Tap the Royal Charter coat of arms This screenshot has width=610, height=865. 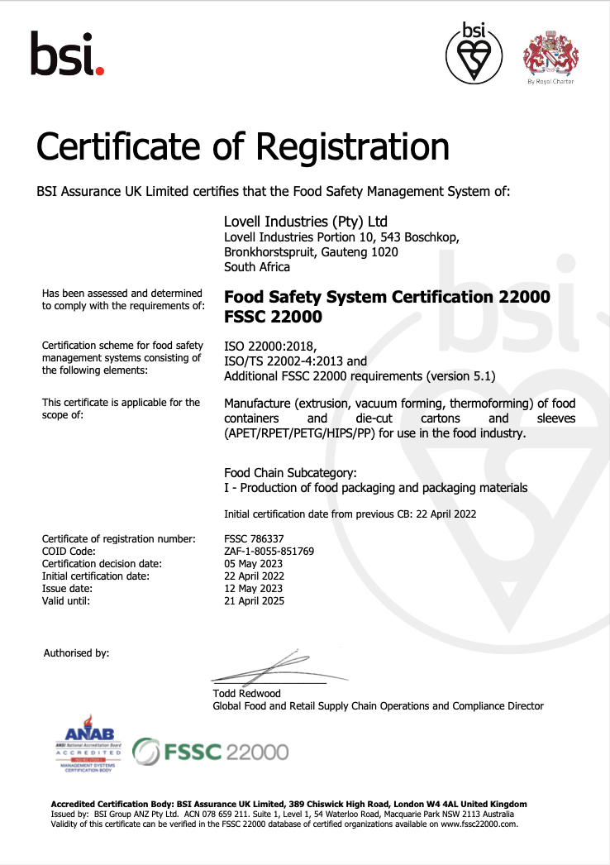(550, 54)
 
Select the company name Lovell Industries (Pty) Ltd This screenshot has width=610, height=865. (306, 222)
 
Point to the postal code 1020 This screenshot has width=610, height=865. (385, 252)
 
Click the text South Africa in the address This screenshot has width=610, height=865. (257, 267)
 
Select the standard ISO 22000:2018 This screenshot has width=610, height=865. (270, 346)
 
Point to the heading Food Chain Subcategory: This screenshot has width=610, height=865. (290, 473)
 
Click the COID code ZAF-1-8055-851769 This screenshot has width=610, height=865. (269, 551)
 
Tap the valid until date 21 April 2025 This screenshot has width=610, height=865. (255, 601)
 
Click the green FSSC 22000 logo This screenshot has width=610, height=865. (212, 752)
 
